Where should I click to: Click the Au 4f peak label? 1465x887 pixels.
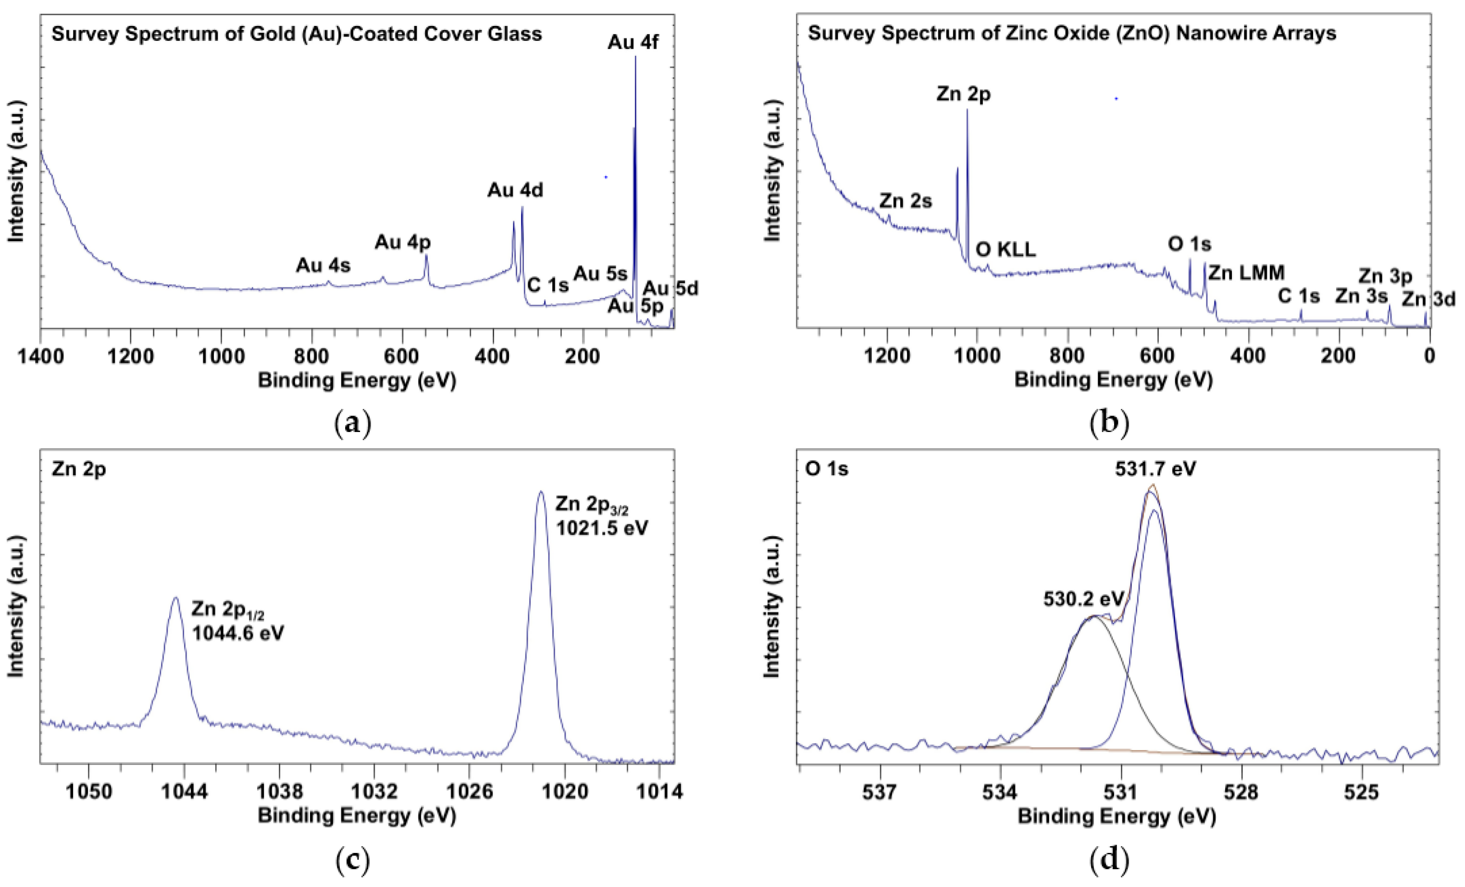633,42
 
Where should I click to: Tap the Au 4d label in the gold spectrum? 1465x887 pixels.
515,190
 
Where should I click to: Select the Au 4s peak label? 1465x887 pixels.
323,266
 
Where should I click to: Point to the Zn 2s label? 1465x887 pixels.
905,201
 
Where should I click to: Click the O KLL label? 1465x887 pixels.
1006,250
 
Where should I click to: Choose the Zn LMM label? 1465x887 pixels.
1246,273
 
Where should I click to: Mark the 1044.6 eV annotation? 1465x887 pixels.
238,633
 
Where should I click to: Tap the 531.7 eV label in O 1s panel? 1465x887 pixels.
1155,469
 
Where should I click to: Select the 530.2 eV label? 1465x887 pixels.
1083,599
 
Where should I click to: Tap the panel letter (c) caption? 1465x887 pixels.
353,860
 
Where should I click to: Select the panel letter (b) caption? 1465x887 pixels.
1109,423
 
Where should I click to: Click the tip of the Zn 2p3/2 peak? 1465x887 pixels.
540,492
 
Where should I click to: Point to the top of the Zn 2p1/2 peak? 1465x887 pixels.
175,598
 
